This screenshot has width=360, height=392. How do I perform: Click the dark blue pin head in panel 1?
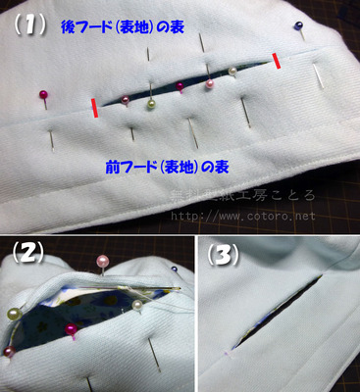point(298,25)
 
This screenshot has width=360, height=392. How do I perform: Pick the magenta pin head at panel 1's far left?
point(43,94)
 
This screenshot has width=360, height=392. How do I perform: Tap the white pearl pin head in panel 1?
point(232,72)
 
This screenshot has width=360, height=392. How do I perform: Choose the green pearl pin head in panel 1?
point(152,104)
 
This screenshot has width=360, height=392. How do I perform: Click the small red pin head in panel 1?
point(181,86)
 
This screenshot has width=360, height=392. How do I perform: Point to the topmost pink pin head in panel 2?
point(102,260)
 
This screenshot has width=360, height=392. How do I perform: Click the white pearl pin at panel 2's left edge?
point(14,314)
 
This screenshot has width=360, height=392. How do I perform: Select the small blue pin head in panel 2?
point(174,268)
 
